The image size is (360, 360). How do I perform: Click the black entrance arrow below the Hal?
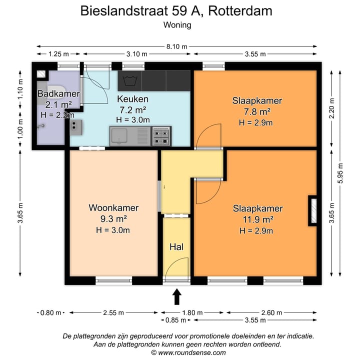tap(176, 297)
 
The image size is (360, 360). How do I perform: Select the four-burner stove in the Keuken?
tap(161, 135)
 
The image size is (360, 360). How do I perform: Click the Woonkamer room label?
tap(113, 207)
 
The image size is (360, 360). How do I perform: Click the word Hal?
tap(176, 246)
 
